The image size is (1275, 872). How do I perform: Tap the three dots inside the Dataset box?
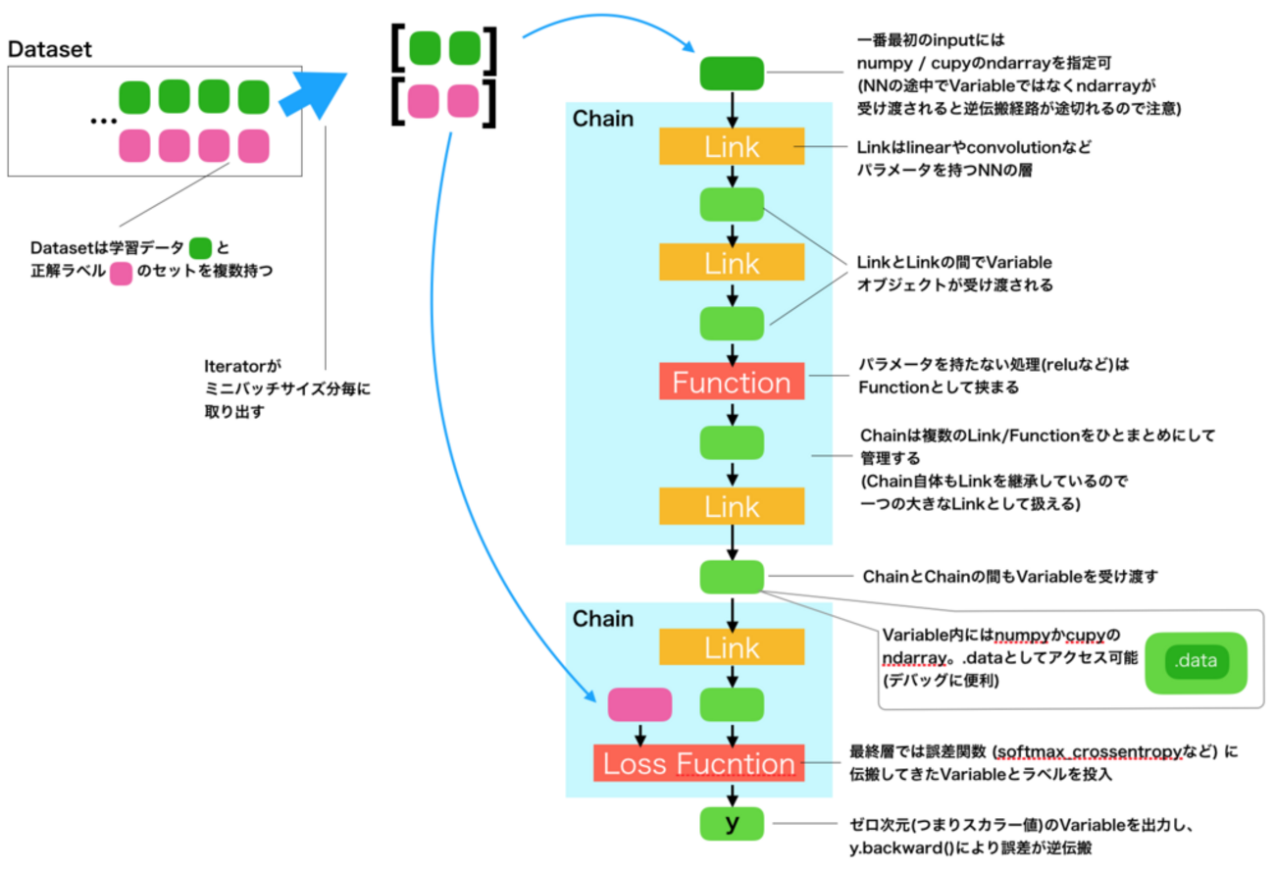[102, 122]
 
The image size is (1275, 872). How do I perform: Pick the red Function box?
[732, 382]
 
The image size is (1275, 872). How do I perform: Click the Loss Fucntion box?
[698, 763]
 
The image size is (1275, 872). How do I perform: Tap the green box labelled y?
[732, 824]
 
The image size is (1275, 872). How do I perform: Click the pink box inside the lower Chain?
[639, 704]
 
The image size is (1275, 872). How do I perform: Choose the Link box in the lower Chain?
[732, 647]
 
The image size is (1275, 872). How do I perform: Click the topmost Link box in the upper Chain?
[732, 147]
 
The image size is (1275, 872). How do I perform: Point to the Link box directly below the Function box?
[732, 506]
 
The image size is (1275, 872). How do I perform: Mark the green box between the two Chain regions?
[732, 576]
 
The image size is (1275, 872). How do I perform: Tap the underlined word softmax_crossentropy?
[1088, 752]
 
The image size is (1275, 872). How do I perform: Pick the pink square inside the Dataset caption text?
[121, 271]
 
